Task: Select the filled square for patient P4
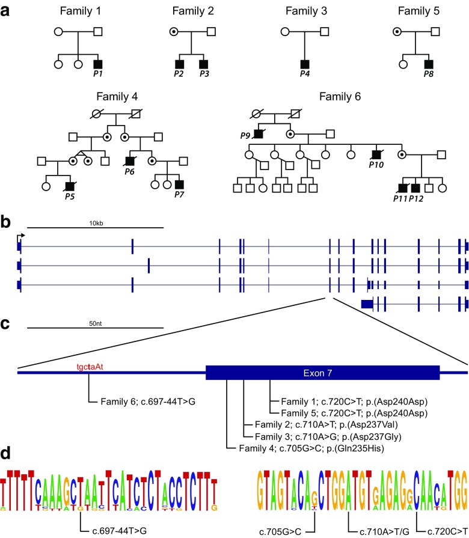click(x=307, y=63)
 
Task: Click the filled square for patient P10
click(x=376, y=154)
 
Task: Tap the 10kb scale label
click(x=95, y=223)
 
